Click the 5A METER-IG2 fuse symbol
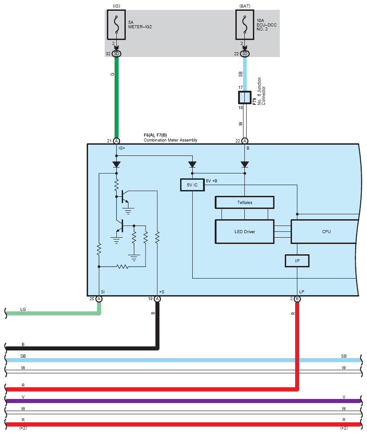point(116,25)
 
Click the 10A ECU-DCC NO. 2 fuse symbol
point(245,25)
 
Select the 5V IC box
point(192,185)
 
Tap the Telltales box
point(245,202)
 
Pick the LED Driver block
point(245,232)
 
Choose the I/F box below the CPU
point(297,261)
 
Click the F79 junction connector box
point(245,97)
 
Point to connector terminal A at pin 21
point(116,141)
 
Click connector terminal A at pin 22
point(245,141)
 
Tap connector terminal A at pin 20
point(99,299)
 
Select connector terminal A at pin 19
point(157,299)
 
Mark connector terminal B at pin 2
point(297,299)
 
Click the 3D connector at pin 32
point(116,54)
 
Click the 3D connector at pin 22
point(245,54)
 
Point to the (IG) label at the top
point(116,6)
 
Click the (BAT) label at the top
point(245,6)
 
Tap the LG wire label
point(23,309)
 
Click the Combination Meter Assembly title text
point(171,140)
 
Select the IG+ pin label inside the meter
point(122,148)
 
